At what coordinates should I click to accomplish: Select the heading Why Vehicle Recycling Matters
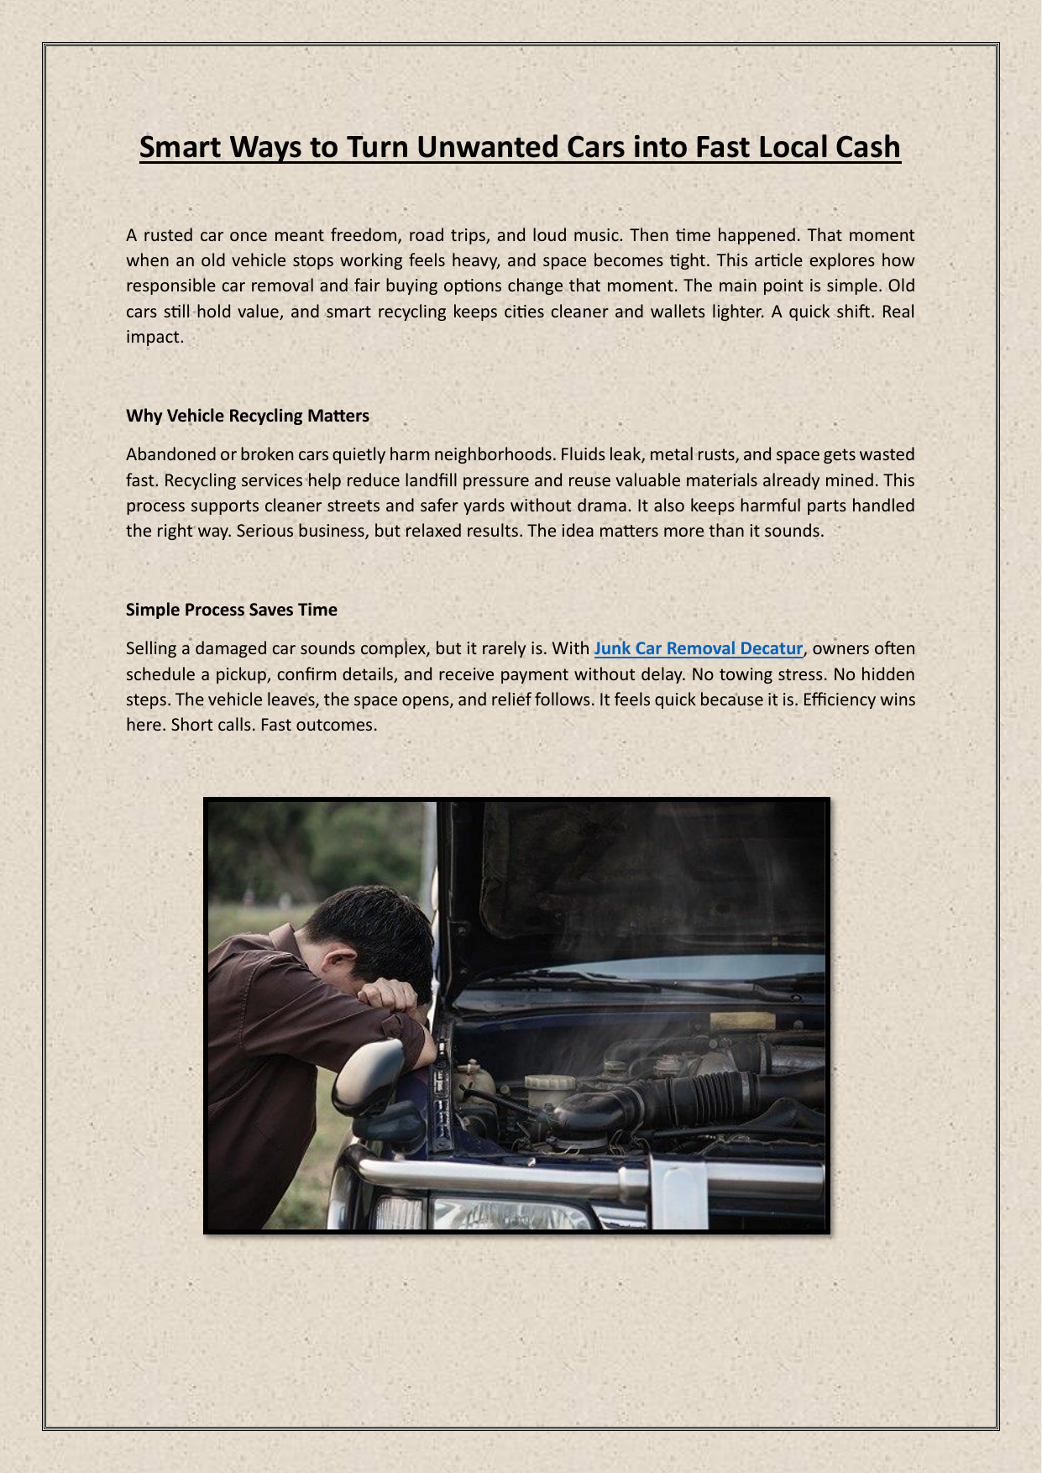pos(248,416)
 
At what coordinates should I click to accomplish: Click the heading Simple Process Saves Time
pos(232,610)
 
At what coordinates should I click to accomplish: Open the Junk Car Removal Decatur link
pos(699,648)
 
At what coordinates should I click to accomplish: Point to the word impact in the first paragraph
pos(154,337)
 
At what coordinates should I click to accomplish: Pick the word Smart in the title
pos(180,147)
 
